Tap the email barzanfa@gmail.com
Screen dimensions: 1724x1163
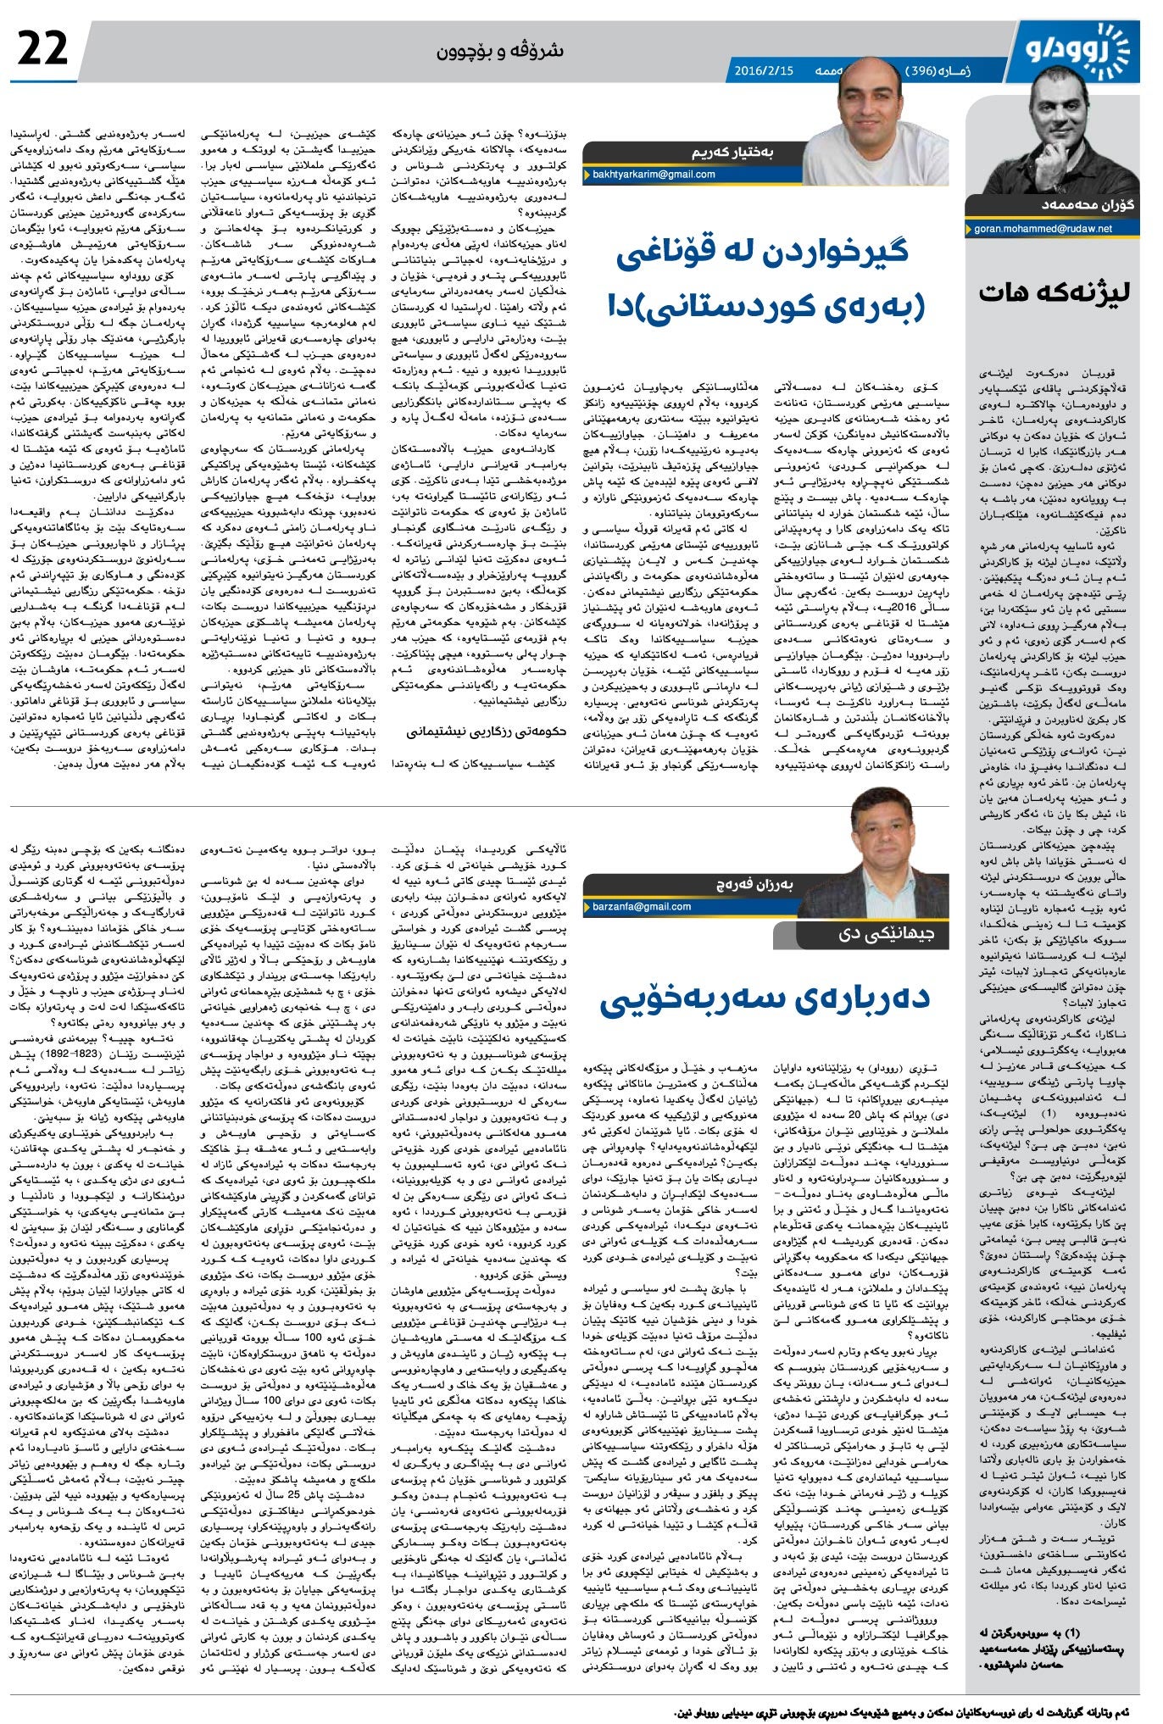(642, 906)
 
